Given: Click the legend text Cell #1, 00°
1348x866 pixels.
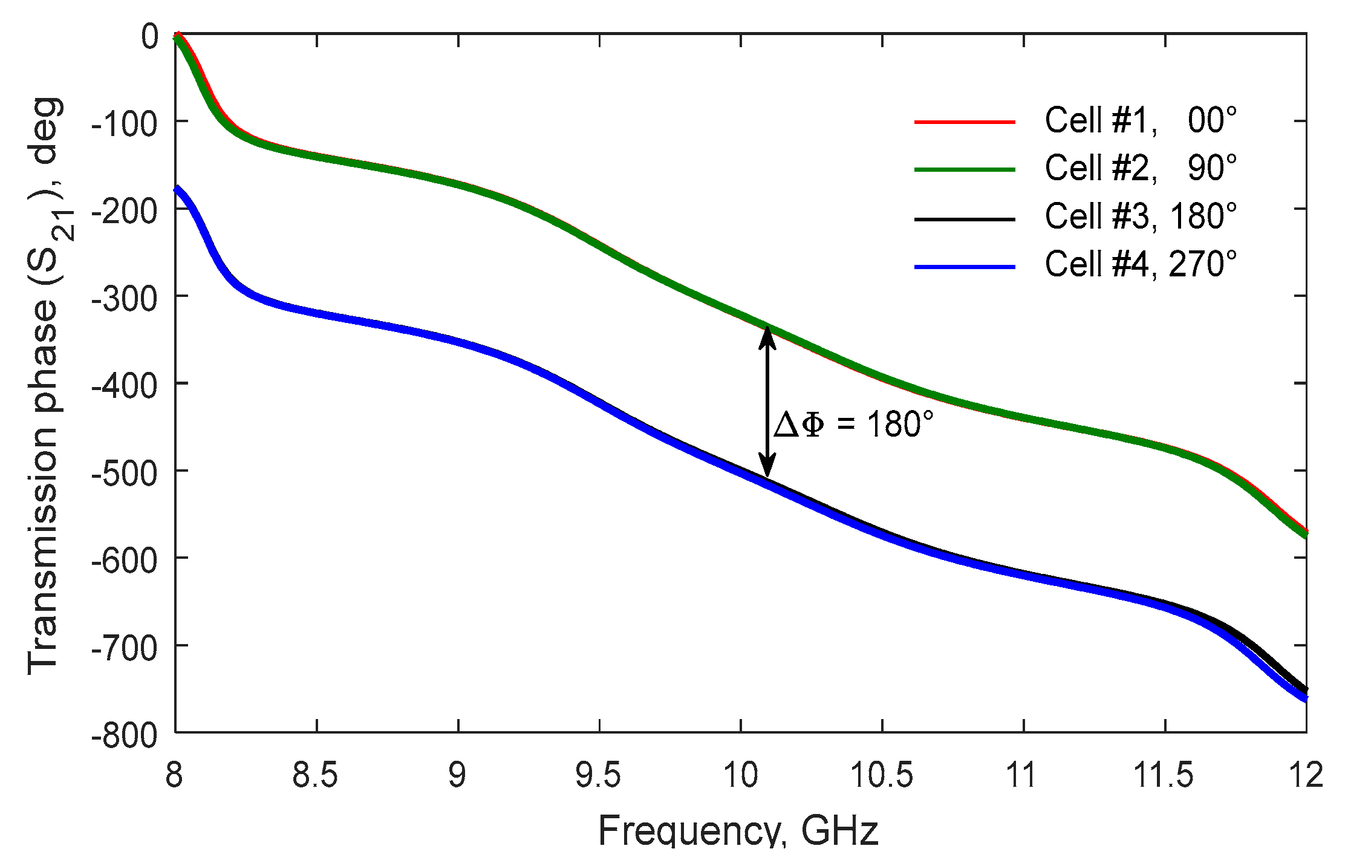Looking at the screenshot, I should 1140,120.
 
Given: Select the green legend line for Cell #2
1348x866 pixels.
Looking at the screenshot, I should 964,169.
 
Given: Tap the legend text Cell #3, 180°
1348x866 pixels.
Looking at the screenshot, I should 1140,216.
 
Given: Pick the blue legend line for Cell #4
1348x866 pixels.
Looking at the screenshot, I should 964,266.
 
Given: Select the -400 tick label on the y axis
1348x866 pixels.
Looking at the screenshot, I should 124,385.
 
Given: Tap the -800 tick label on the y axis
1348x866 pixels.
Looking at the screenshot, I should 124,735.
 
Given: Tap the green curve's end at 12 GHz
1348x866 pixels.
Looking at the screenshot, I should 1304,533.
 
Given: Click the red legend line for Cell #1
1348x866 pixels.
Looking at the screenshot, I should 964,122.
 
